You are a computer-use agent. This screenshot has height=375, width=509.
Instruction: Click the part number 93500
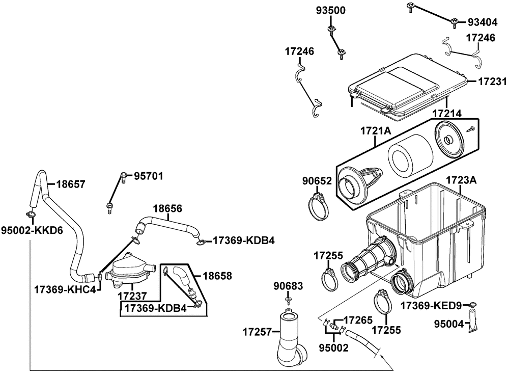pos(331,11)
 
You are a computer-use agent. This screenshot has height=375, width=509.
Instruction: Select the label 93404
pos(483,22)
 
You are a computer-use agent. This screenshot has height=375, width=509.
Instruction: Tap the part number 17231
pos(492,82)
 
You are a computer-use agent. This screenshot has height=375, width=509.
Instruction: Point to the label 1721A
pos(376,131)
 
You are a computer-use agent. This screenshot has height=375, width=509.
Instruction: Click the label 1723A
pos(461,180)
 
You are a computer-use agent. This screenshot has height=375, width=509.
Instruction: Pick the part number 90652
pos(317,181)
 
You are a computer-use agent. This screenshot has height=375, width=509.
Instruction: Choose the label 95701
pos(149,176)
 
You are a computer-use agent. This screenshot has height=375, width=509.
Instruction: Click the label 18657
pos(71,184)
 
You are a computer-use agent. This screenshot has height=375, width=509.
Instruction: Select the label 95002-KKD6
pos(32,230)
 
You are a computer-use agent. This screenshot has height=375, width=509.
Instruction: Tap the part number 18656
pos(167,208)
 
